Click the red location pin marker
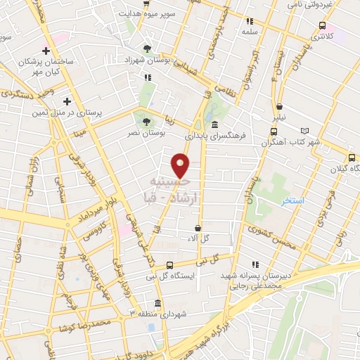click(181, 165)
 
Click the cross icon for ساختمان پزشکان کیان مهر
click(46, 51)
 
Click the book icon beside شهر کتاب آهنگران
click(304, 131)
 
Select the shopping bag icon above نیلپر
click(280, 107)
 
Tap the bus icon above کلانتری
click(322, 26)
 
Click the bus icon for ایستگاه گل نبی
click(169, 265)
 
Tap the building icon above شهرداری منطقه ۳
click(156, 303)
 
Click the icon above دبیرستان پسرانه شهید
click(255, 264)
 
